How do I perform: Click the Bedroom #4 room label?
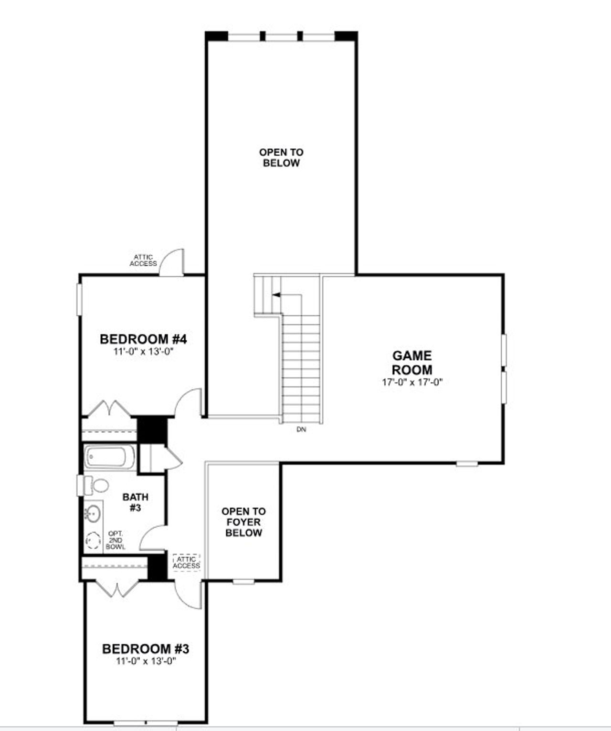coord(143,339)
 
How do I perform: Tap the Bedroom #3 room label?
coord(146,649)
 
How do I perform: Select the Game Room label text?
coord(412,363)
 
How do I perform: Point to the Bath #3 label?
coord(135,502)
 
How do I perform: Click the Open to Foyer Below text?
coord(243,522)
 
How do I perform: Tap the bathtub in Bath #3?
coord(109,457)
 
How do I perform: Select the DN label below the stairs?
coord(301,429)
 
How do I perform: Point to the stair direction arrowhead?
coord(276,295)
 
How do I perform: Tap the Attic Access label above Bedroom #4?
coord(143,261)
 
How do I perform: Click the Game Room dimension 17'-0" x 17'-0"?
coord(412,382)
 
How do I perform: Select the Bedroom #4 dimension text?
coord(144,351)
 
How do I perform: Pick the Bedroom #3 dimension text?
coord(146,661)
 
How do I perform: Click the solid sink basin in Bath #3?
coord(93,513)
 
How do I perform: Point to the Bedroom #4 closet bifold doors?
coord(110,408)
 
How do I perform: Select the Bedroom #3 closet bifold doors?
coord(116,589)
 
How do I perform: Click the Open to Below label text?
coord(281,157)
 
